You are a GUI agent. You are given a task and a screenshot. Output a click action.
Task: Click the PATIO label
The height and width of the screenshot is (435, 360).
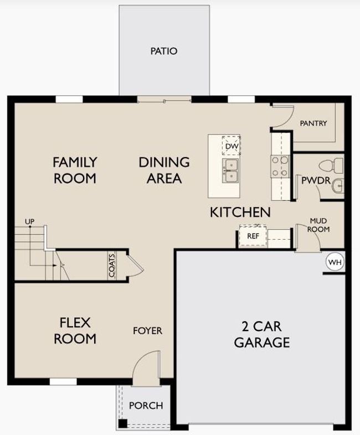tap(164, 51)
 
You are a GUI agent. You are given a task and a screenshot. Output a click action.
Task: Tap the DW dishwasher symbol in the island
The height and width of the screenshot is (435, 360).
tap(231, 146)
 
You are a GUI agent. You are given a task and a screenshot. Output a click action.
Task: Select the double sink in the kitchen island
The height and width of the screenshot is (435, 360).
tap(230, 171)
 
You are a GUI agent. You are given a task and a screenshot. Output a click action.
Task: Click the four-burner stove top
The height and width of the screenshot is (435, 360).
tap(280, 166)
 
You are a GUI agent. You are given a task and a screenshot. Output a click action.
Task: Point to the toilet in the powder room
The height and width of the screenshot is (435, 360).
tap(331, 165)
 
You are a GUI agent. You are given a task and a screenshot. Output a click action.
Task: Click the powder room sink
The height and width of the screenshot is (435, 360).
tap(338, 186)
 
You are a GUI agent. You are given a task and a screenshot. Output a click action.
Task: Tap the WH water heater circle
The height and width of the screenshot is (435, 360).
tap(335, 262)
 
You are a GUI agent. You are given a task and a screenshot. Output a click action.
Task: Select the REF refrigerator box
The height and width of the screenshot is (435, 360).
tap(253, 236)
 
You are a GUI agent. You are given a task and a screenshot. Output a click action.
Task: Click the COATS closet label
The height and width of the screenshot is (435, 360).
tap(112, 266)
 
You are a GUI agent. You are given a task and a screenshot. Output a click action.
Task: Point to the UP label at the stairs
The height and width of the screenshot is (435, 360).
tap(30, 222)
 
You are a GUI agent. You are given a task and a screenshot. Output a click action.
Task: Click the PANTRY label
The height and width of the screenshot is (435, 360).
tap(313, 123)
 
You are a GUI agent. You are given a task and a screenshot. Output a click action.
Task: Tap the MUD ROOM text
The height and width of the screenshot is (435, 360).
tap(318, 225)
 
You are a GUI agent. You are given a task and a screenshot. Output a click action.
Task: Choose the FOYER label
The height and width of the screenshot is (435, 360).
tap(148, 331)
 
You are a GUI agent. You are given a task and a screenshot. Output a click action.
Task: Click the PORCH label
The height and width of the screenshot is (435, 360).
tap(146, 406)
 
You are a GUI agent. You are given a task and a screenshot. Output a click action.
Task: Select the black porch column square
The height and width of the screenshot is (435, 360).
tap(123, 423)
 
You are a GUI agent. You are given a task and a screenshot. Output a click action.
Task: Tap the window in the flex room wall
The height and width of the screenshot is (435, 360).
tap(63, 382)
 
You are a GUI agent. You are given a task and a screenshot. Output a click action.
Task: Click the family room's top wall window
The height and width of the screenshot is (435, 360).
tap(69, 99)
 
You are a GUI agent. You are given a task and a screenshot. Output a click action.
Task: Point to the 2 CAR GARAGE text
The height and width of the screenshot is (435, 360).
tap(262, 334)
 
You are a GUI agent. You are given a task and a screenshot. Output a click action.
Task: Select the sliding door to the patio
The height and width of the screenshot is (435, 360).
tap(164, 100)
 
